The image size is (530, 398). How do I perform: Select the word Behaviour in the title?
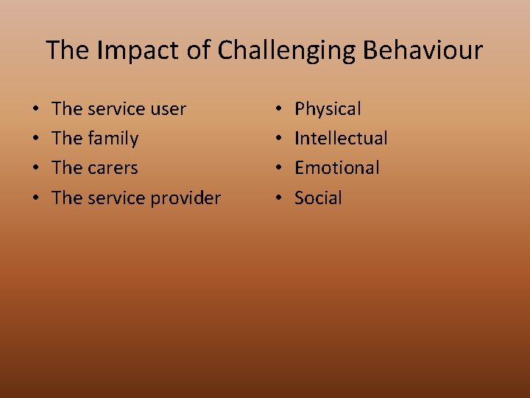point(423,50)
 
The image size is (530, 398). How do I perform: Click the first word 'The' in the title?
point(68,50)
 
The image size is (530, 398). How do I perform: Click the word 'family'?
point(113,139)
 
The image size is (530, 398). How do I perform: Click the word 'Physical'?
point(328,109)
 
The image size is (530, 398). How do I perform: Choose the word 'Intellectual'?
point(341,139)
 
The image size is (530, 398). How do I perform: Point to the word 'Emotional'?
point(337,168)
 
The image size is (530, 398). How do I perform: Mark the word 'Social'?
point(318,198)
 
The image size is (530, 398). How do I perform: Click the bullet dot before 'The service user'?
point(36,110)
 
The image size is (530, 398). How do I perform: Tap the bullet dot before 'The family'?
point(36,139)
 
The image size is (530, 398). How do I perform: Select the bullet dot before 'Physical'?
point(278,110)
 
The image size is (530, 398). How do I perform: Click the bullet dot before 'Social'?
point(278,198)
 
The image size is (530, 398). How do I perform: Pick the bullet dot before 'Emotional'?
point(278,169)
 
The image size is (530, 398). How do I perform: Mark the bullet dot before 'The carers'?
point(36,169)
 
